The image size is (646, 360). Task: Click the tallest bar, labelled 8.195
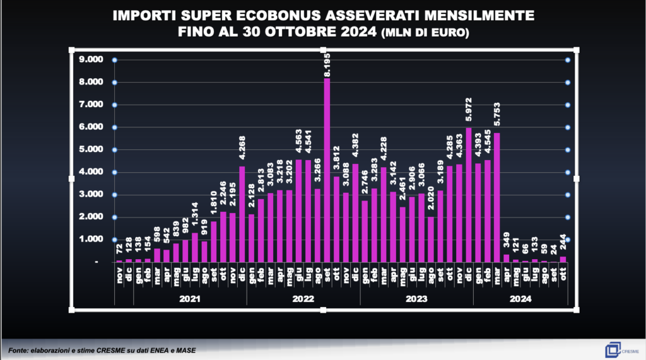(x=327, y=170)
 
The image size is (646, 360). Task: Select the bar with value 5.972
(x=468, y=195)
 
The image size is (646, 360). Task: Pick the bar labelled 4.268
(x=242, y=214)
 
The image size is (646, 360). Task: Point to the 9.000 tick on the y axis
(x=90, y=60)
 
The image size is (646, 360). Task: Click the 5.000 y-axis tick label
(x=90, y=149)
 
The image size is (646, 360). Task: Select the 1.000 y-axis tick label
(x=90, y=240)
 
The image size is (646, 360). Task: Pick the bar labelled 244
(x=563, y=259)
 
